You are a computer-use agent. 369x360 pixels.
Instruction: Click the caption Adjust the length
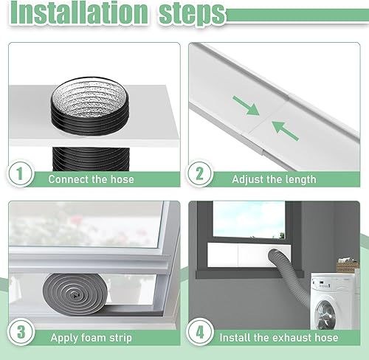[274, 179]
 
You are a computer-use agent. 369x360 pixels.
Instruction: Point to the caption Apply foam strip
[90, 339]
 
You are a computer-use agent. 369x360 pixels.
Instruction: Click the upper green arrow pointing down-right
[252, 109]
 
